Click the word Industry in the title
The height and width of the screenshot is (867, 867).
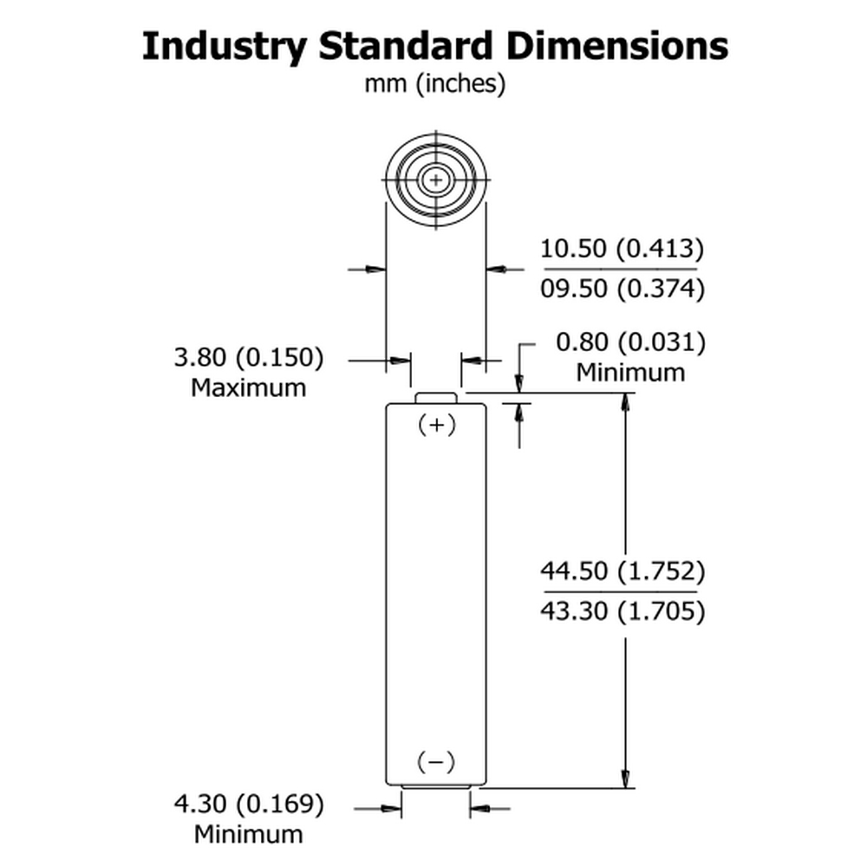[x=224, y=47]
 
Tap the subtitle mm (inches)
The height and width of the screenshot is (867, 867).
[x=434, y=84]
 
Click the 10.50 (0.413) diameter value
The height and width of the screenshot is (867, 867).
[x=622, y=249]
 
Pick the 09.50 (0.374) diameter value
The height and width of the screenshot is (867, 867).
[x=622, y=289]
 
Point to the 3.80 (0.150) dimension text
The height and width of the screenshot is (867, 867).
[x=249, y=357]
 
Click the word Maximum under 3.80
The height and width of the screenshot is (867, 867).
[x=248, y=388]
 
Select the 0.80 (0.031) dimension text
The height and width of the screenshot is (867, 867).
[x=630, y=342]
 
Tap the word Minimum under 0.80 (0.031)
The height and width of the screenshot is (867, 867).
[x=630, y=373]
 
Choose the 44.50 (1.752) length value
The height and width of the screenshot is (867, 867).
[x=623, y=571]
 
